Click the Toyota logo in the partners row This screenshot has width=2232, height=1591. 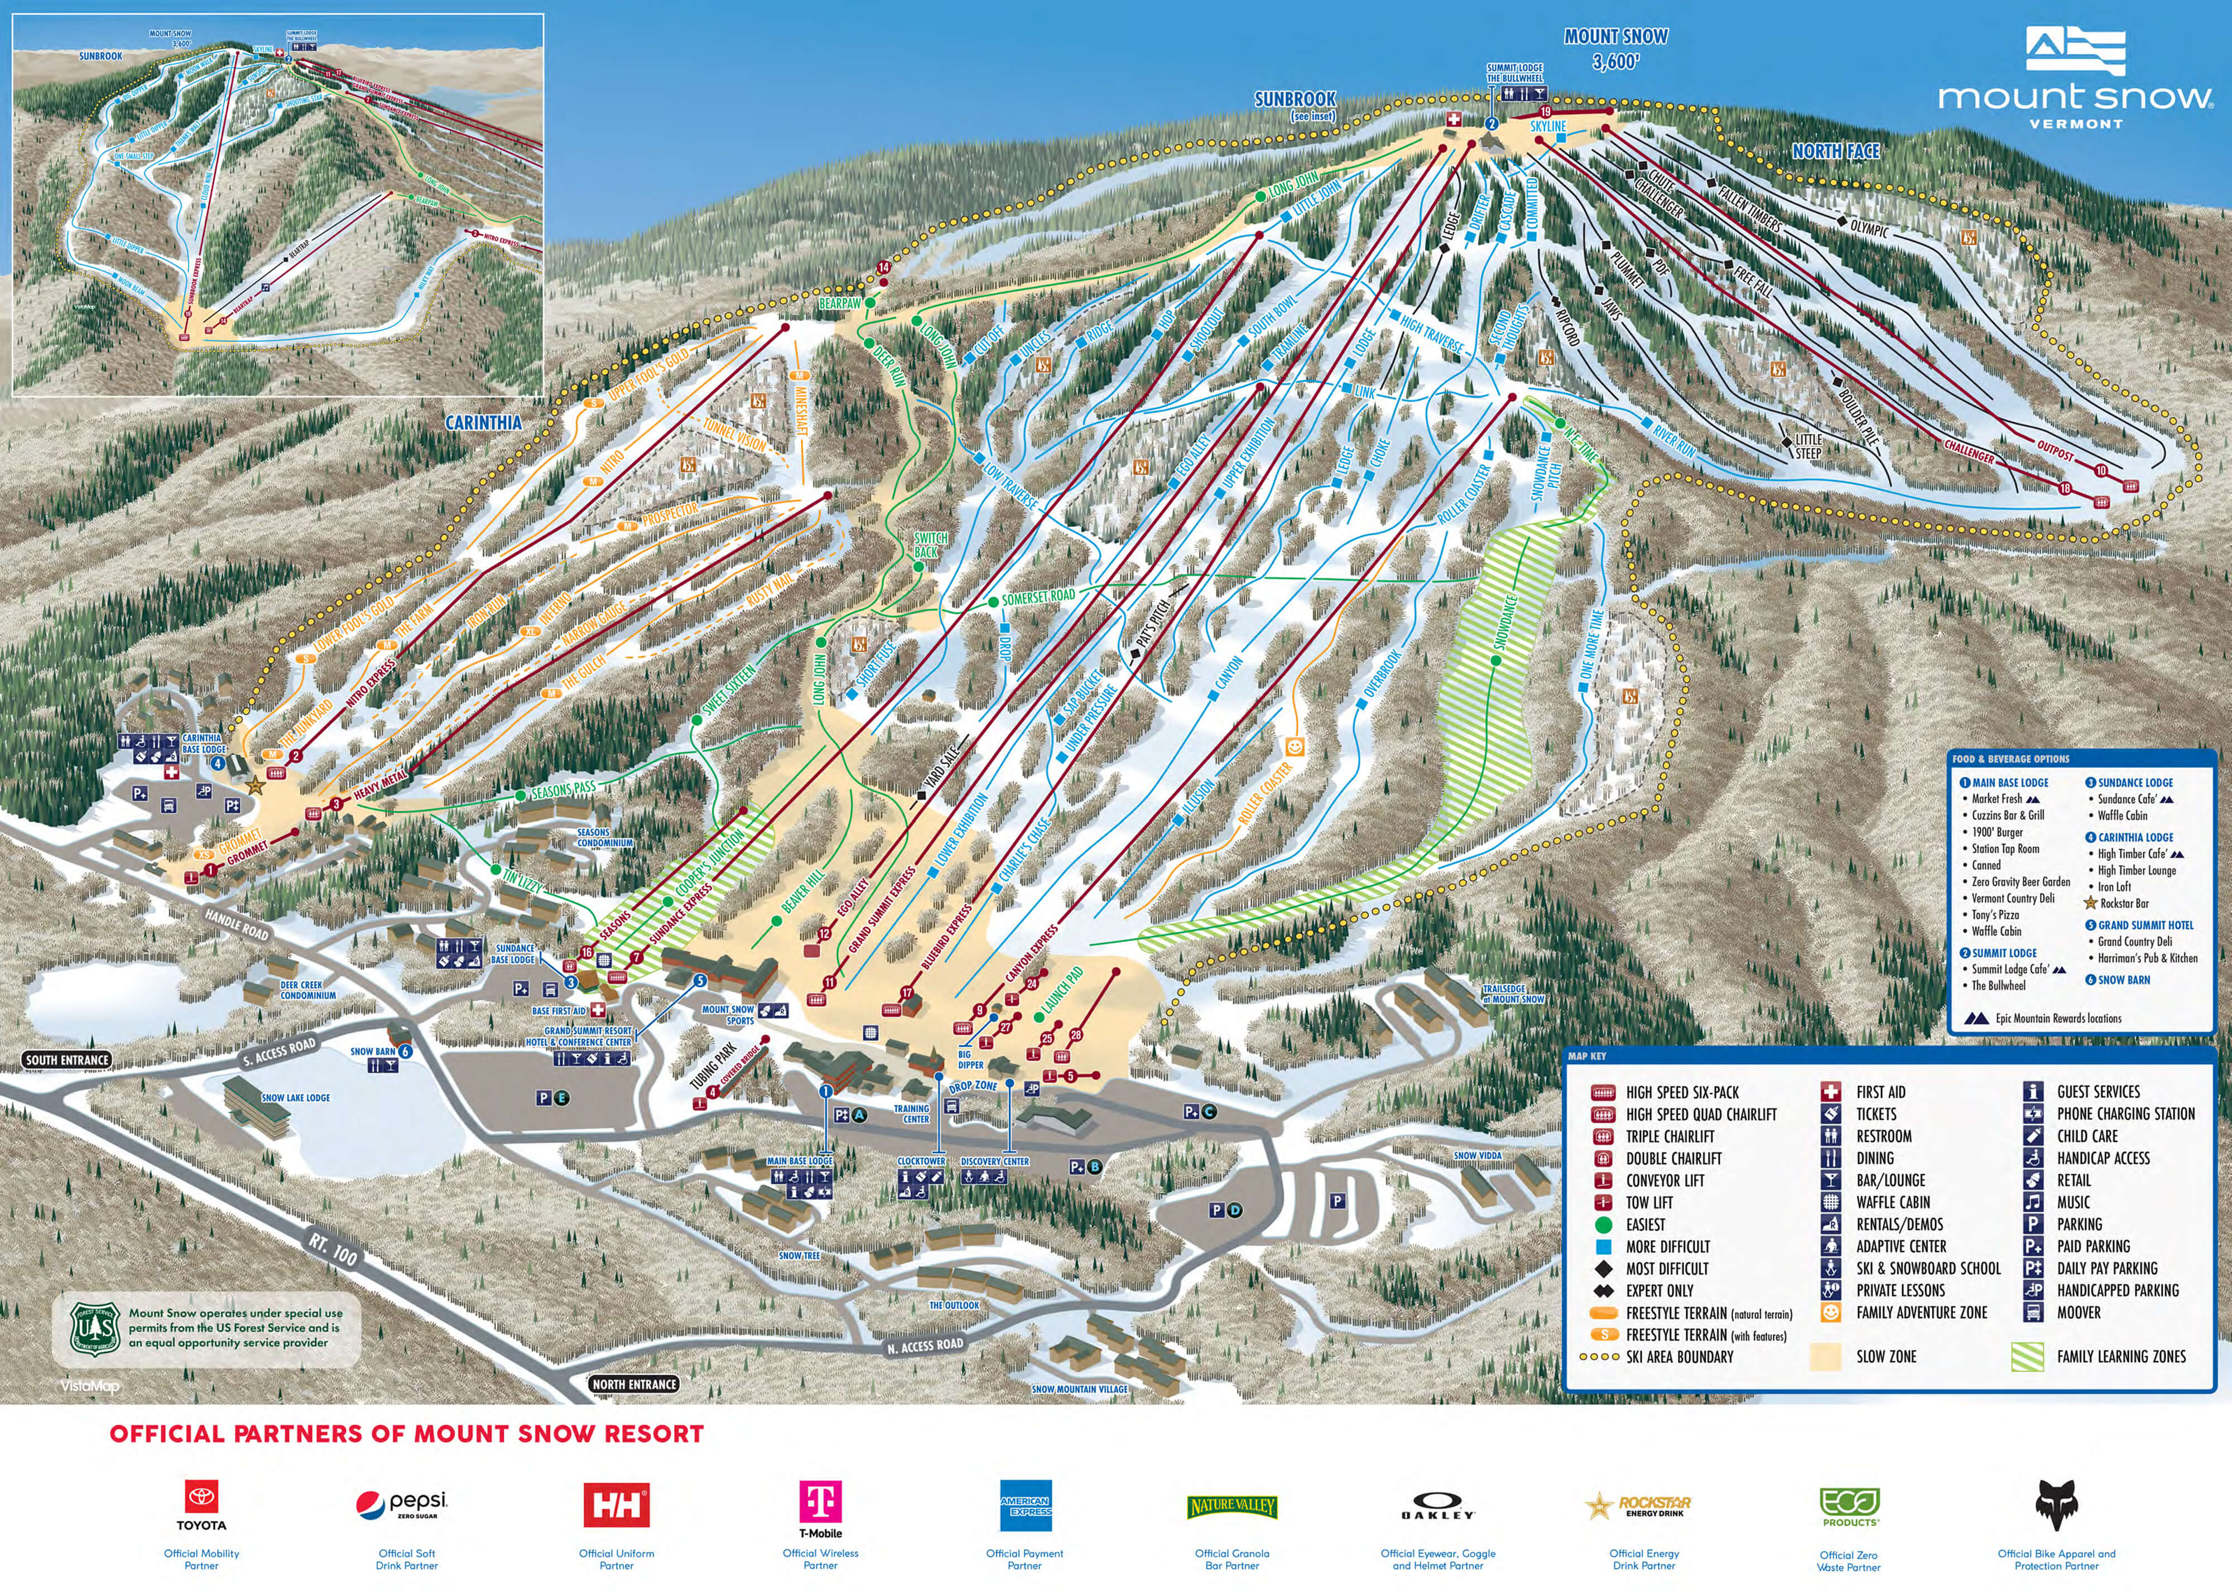(x=201, y=1504)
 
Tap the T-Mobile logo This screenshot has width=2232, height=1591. (x=820, y=1507)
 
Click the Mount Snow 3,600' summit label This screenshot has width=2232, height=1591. (x=1615, y=49)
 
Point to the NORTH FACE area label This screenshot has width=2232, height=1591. (x=1835, y=151)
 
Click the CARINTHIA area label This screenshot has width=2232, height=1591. (x=483, y=422)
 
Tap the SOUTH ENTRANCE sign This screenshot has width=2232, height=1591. (x=66, y=1060)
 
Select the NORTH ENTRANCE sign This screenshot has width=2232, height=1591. (x=634, y=1384)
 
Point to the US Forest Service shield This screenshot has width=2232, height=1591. (x=95, y=1328)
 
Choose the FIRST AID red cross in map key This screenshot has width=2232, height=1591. (x=1830, y=1091)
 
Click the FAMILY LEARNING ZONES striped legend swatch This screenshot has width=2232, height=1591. (x=2027, y=1357)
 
